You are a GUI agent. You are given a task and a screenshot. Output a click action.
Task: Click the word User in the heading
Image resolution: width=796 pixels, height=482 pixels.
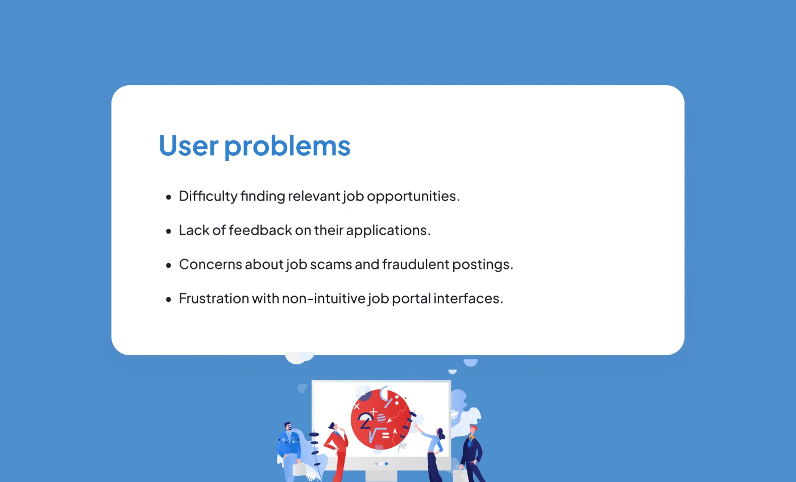(188, 146)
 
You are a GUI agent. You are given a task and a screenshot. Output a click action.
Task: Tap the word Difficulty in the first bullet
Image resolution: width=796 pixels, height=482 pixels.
(208, 197)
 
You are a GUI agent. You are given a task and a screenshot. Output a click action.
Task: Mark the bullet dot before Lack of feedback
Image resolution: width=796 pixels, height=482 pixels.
(168, 231)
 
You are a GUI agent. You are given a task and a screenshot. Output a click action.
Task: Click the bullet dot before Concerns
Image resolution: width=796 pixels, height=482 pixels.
(168, 265)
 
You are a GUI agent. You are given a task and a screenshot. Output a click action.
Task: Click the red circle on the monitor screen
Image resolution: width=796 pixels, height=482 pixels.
(381, 419)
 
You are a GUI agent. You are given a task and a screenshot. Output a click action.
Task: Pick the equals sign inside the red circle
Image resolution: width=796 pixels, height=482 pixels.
(385, 435)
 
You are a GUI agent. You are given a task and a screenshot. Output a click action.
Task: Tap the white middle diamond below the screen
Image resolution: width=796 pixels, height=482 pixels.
(382, 464)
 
